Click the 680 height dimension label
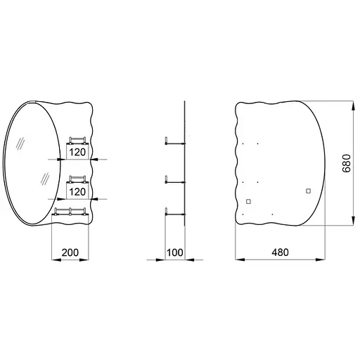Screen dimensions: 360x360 pos(347,163)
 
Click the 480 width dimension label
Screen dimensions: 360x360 pos(280,252)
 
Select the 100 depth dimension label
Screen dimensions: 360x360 pos(174,252)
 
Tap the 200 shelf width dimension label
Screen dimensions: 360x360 pos(70,252)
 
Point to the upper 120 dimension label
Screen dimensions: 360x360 pos(77,153)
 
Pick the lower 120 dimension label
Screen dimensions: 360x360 pos(77,192)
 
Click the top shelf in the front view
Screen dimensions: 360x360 pos(77,141)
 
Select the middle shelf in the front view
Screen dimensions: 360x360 pos(77,179)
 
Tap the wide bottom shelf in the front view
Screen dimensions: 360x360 pos(70,212)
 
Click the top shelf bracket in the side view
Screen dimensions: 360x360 pos(175,141)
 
